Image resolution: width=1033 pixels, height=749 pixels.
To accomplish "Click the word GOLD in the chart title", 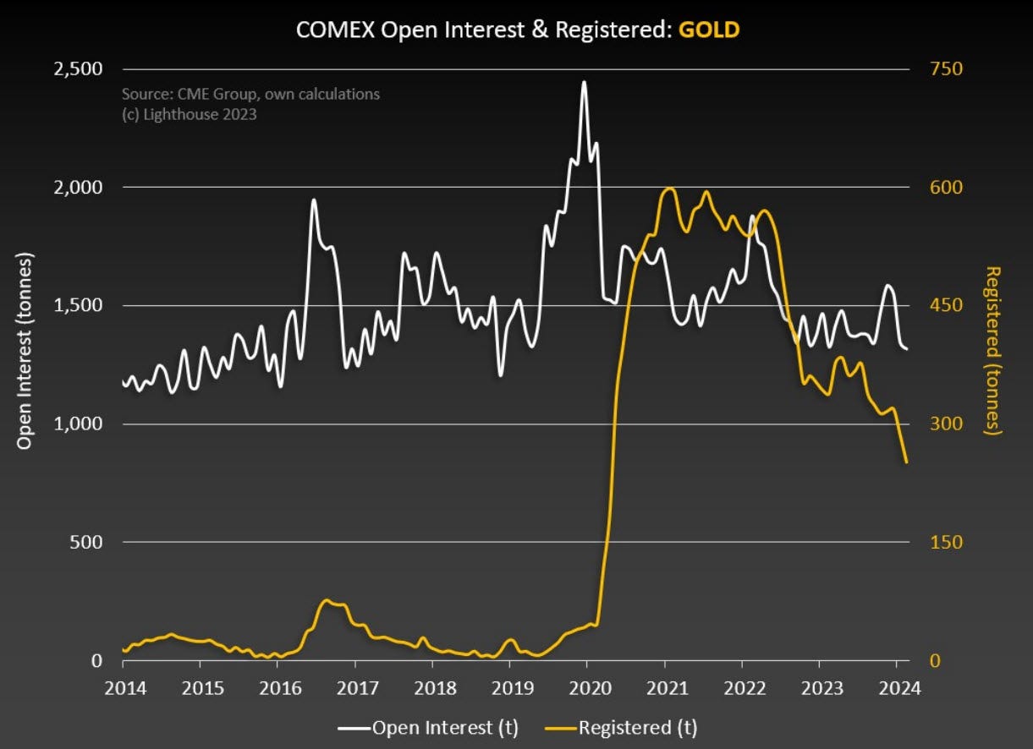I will click(709, 30).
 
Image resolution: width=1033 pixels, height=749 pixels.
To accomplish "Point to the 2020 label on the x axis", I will click(587, 686).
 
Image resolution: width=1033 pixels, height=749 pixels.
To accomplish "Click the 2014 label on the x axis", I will click(123, 686).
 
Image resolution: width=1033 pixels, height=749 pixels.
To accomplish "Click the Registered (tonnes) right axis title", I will click(993, 350).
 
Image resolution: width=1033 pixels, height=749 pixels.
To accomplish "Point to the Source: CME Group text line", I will click(250, 94).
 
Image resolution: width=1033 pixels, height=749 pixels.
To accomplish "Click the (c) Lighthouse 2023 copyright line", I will click(189, 113).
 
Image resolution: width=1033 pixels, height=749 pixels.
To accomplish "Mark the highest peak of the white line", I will click(584, 82).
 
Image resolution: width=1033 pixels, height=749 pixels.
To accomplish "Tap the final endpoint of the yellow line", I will click(907, 462).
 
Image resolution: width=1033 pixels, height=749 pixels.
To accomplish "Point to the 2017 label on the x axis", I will click(355, 686).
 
